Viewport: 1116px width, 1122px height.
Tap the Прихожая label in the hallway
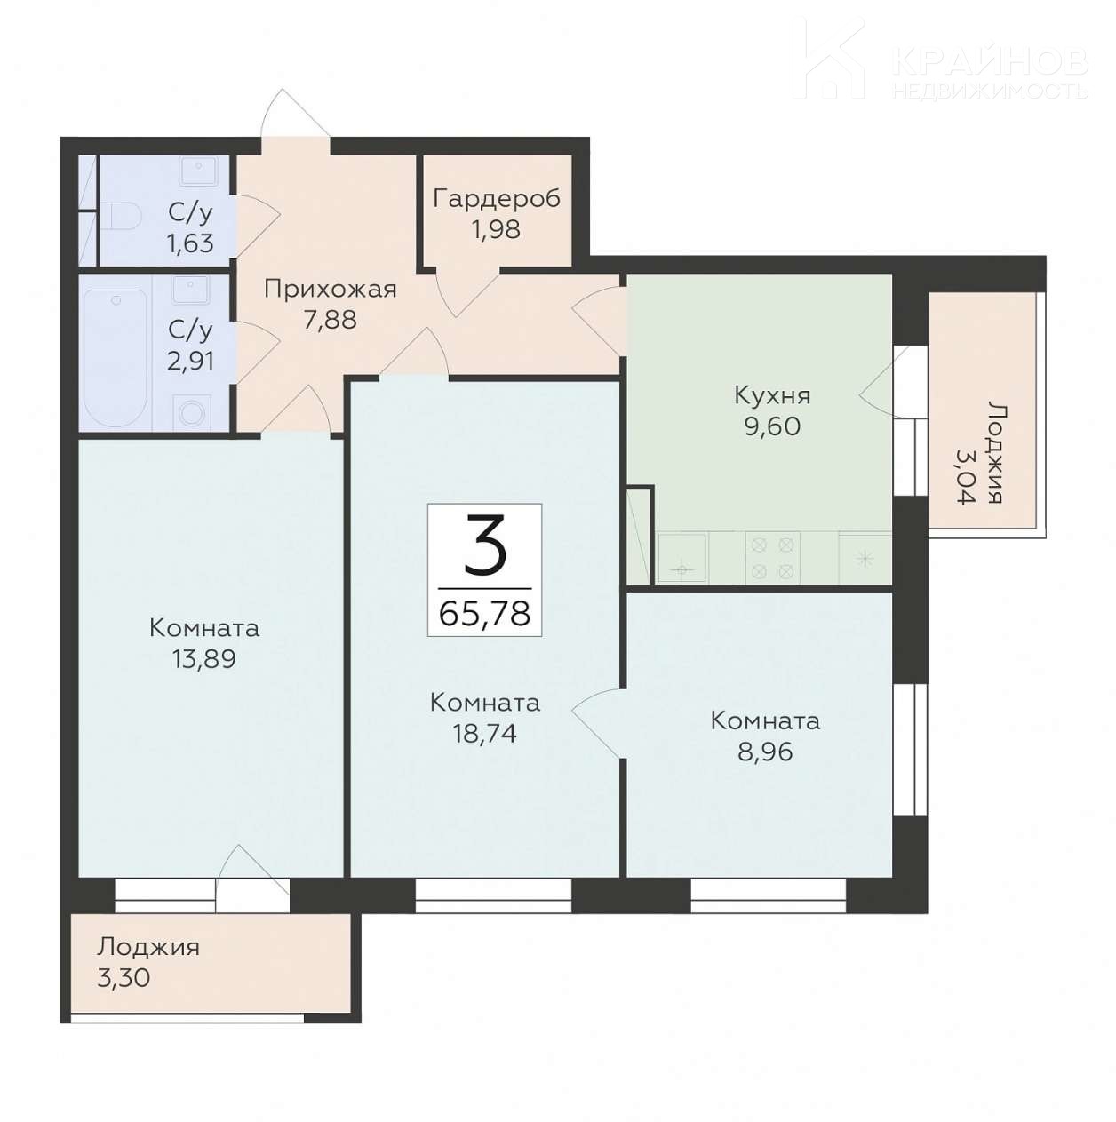[x=331, y=290]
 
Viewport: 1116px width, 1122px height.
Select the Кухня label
[x=772, y=396]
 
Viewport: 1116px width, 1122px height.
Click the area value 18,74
[x=484, y=735]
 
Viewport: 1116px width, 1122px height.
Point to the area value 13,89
[x=203, y=660]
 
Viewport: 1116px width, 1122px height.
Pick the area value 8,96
[x=765, y=752]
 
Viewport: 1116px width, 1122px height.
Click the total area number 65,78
[x=484, y=613]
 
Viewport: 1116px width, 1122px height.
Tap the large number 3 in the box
[x=485, y=550]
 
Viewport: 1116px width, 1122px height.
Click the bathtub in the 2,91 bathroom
[x=116, y=357]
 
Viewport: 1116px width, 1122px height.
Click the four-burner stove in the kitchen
[x=772, y=557]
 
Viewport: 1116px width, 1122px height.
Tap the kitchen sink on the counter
[x=682, y=557]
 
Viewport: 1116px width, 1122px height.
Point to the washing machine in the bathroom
[x=190, y=412]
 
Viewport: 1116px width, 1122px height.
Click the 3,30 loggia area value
[x=124, y=978]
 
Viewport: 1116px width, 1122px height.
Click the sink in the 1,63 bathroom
[x=198, y=171]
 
